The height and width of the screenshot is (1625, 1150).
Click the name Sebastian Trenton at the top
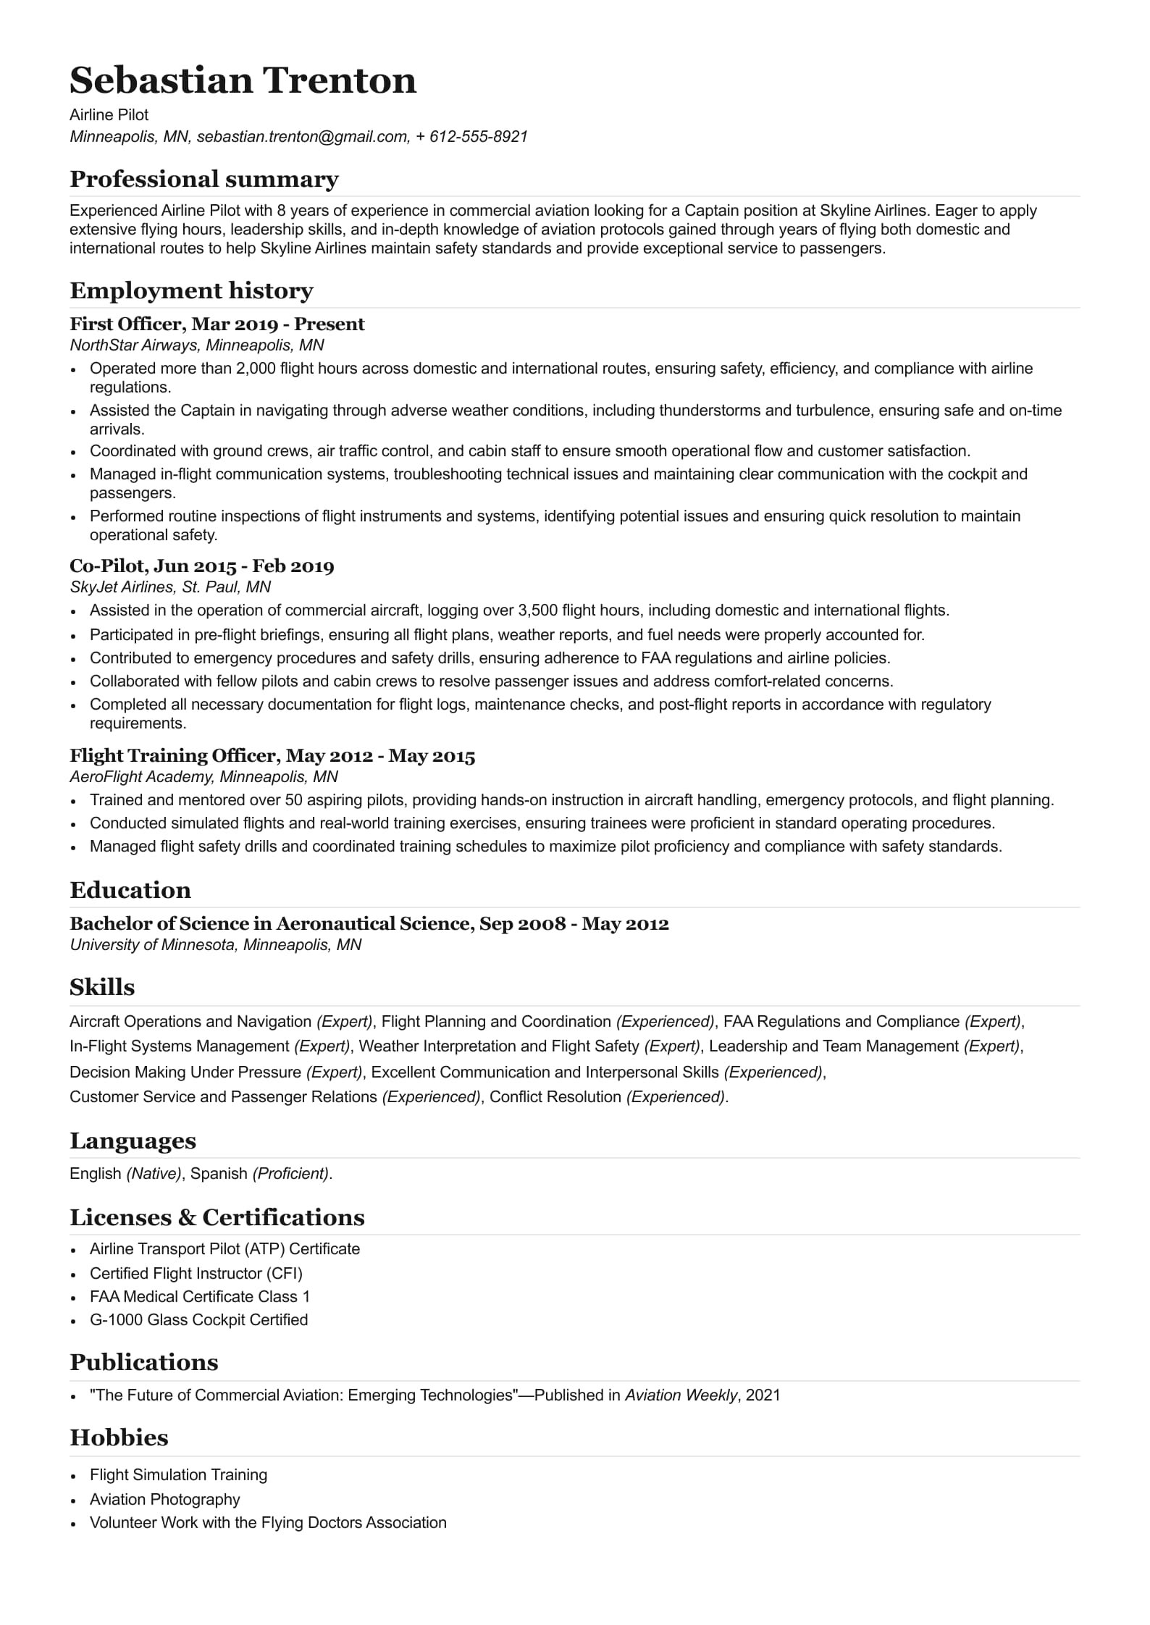click(x=243, y=80)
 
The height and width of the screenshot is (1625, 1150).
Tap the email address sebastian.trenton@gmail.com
click(x=303, y=136)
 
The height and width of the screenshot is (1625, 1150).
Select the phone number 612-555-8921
click(x=478, y=136)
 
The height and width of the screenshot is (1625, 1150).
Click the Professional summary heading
click(x=203, y=179)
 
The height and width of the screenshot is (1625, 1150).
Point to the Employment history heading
click(x=191, y=290)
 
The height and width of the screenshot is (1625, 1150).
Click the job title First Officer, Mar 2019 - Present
click(x=217, y=324)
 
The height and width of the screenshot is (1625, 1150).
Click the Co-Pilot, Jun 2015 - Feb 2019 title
click(x=201, y=566)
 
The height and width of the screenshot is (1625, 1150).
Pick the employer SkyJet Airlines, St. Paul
click(x=169, y=587)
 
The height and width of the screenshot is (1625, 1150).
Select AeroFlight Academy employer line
click(x=203, y=776)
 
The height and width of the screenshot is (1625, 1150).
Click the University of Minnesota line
click(x=215, y=944)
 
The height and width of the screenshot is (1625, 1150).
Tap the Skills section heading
click(x=102, y=987)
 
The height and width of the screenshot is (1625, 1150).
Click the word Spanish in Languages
click(x=219, y=1173)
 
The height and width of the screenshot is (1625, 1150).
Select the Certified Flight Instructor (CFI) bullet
click(x=196, y=1273)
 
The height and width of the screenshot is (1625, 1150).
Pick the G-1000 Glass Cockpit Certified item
click(x=198, y=1319)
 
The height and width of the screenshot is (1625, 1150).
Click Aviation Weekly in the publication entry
click(x=681, y=1395)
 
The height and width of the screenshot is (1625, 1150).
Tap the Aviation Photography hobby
click(x=164, y=1499)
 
